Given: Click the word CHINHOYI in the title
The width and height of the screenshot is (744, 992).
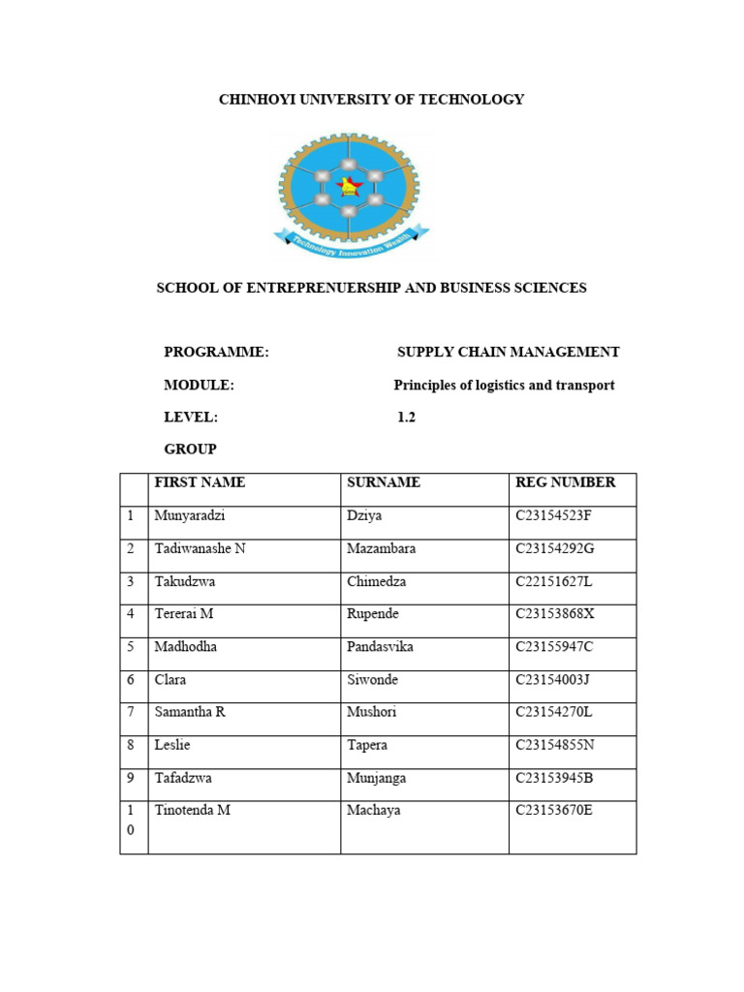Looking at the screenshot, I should [255, 99].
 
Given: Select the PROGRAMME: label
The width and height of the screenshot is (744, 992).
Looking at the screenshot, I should [216, 353].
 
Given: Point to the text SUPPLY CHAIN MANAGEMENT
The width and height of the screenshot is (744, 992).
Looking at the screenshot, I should [509, 353].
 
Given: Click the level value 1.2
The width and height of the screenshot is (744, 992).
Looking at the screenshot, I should [406, 418].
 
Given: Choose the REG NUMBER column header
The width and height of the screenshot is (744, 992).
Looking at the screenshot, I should [565, 482].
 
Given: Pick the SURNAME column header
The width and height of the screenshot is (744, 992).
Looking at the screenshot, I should [384, 482].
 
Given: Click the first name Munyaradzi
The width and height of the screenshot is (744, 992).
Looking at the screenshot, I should [189, 515].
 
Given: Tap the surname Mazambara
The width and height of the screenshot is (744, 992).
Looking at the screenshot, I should [382, 548].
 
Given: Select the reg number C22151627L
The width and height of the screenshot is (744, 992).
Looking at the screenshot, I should [553, 581].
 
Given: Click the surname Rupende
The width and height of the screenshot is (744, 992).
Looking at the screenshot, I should [372, 614].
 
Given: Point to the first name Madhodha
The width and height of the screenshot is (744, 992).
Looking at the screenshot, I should [187, 647].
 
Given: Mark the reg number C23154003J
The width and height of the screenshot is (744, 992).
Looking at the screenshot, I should [552, 680].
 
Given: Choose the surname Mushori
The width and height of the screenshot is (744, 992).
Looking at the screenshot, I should [372, 712].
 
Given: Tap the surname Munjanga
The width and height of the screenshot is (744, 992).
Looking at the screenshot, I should [377, 778].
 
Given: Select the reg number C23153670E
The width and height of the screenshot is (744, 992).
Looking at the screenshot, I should [553, 811].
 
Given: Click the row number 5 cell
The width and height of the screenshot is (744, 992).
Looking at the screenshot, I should [131, 647].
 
